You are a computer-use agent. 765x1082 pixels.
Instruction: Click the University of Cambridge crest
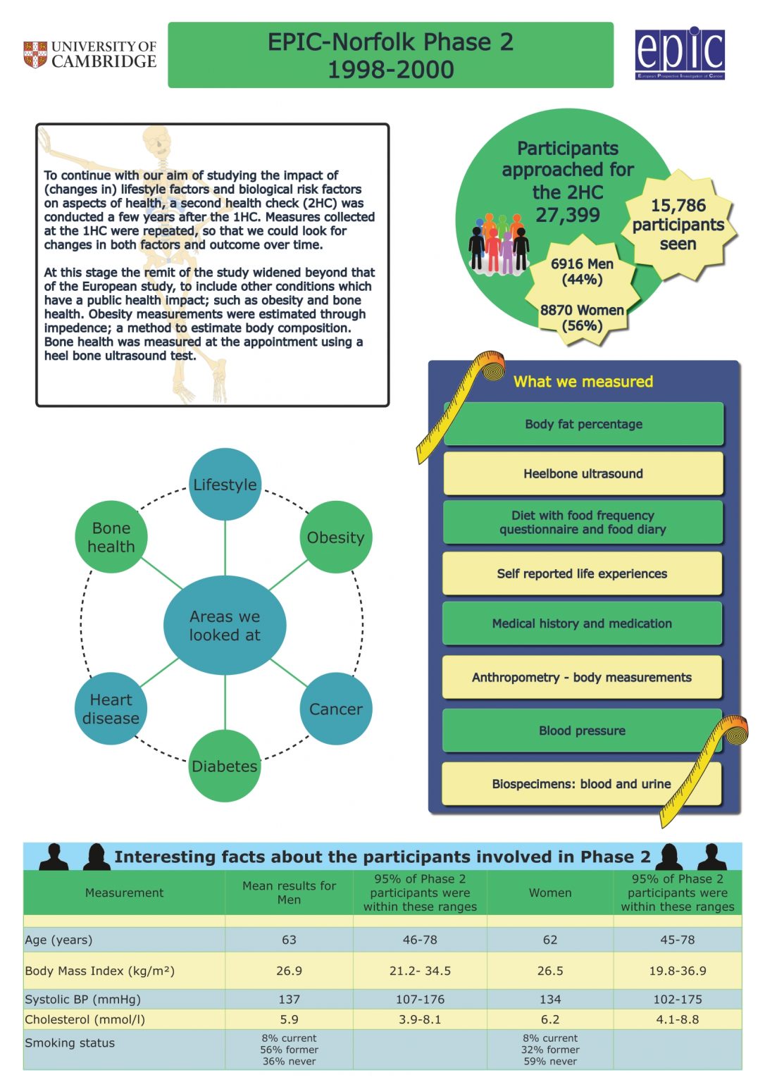click(35, 55)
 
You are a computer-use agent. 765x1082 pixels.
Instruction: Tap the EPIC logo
click(680, 54)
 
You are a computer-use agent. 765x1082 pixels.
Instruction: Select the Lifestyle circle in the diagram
click(225, 485)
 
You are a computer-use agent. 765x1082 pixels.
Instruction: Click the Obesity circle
click(335, 537)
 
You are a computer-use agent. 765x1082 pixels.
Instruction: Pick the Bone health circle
click(111, 537)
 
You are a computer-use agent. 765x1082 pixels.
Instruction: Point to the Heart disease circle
click(111, 709)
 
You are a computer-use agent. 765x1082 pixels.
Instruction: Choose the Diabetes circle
click(225, 766)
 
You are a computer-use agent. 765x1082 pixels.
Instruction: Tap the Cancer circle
click(336, 709)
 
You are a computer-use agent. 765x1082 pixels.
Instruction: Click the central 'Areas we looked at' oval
click(225, 626)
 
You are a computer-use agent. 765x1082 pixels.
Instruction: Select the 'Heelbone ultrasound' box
click(583, 473)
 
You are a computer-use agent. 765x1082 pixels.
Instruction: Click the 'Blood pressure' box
click(582, 730)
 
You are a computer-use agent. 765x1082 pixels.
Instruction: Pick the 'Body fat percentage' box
click(583, 424)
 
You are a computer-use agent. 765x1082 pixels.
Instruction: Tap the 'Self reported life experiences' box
click(582, 573)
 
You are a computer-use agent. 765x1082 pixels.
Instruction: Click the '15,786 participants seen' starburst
click(678, 225)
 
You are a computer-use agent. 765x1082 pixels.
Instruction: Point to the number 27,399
click(568, 215)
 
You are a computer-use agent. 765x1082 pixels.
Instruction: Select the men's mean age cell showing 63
click(289, 940)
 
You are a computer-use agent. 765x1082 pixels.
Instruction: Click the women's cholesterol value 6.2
click(550, 1019)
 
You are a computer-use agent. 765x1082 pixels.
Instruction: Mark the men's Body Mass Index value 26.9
click(289, 971)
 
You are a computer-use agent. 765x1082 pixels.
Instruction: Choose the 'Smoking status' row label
click(70, 1043)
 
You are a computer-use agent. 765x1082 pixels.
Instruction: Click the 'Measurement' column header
click(124, 893)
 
